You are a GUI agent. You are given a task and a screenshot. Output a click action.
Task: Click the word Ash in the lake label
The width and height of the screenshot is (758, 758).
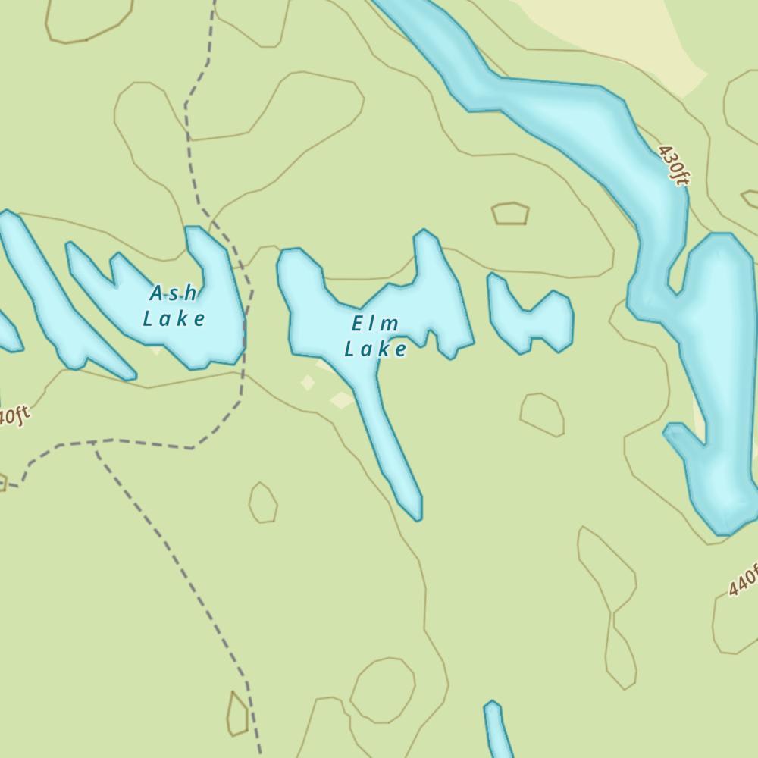pos(174,293)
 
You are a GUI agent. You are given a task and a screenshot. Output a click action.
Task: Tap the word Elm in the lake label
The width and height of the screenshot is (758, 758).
pos(375,324)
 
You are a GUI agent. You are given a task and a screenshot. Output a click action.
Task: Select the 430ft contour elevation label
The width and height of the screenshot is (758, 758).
pos(674,165)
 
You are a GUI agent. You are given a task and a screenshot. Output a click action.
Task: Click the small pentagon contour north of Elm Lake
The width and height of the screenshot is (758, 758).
pos(510,214)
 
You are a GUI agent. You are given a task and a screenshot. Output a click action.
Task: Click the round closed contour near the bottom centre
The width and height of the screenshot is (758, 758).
pos(382,690)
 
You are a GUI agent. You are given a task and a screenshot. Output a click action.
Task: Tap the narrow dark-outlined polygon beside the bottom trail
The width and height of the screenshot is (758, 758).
pos(237,714)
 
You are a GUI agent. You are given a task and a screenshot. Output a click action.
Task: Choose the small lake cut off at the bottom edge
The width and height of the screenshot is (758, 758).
pos(496,731)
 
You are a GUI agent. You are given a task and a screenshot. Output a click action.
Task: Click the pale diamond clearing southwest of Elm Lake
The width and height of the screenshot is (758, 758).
pos(307,383)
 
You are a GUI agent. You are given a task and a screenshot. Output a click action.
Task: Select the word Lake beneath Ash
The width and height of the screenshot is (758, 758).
pos(174,318)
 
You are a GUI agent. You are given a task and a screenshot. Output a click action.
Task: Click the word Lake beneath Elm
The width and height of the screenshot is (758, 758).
pos(375,349)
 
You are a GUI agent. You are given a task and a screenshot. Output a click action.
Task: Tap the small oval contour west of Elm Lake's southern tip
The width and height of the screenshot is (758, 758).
pos(263,503)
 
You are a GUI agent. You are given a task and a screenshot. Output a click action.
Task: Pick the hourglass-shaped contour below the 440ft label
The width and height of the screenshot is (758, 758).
pos(610,606)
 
